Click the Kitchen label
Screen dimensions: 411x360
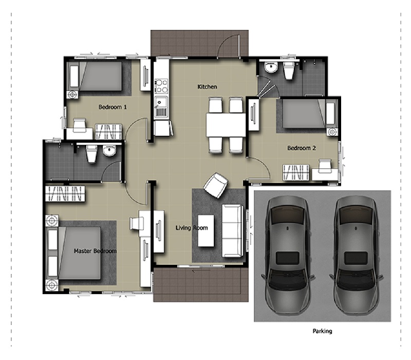click(207, 86)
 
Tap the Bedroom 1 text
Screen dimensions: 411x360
click(113, 107)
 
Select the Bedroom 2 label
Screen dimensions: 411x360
click(302, 148)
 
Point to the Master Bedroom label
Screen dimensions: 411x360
click(95, 251)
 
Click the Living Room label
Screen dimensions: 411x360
click(192, 228)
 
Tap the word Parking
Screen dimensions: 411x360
click(323, 331)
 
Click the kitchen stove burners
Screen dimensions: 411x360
click(161, 86)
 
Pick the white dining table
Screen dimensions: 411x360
click(226, 124)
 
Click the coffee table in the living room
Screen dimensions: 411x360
click(206, 230)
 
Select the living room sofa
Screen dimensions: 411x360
click(233, 230)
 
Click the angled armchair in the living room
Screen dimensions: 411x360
click(216, 185)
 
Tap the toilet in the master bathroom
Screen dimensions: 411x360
click(92, 154)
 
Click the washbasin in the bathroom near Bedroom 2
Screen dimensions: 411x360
click(271, 67)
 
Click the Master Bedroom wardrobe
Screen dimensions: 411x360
click(65, 194)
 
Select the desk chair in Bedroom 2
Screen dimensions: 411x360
click(325, 166)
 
